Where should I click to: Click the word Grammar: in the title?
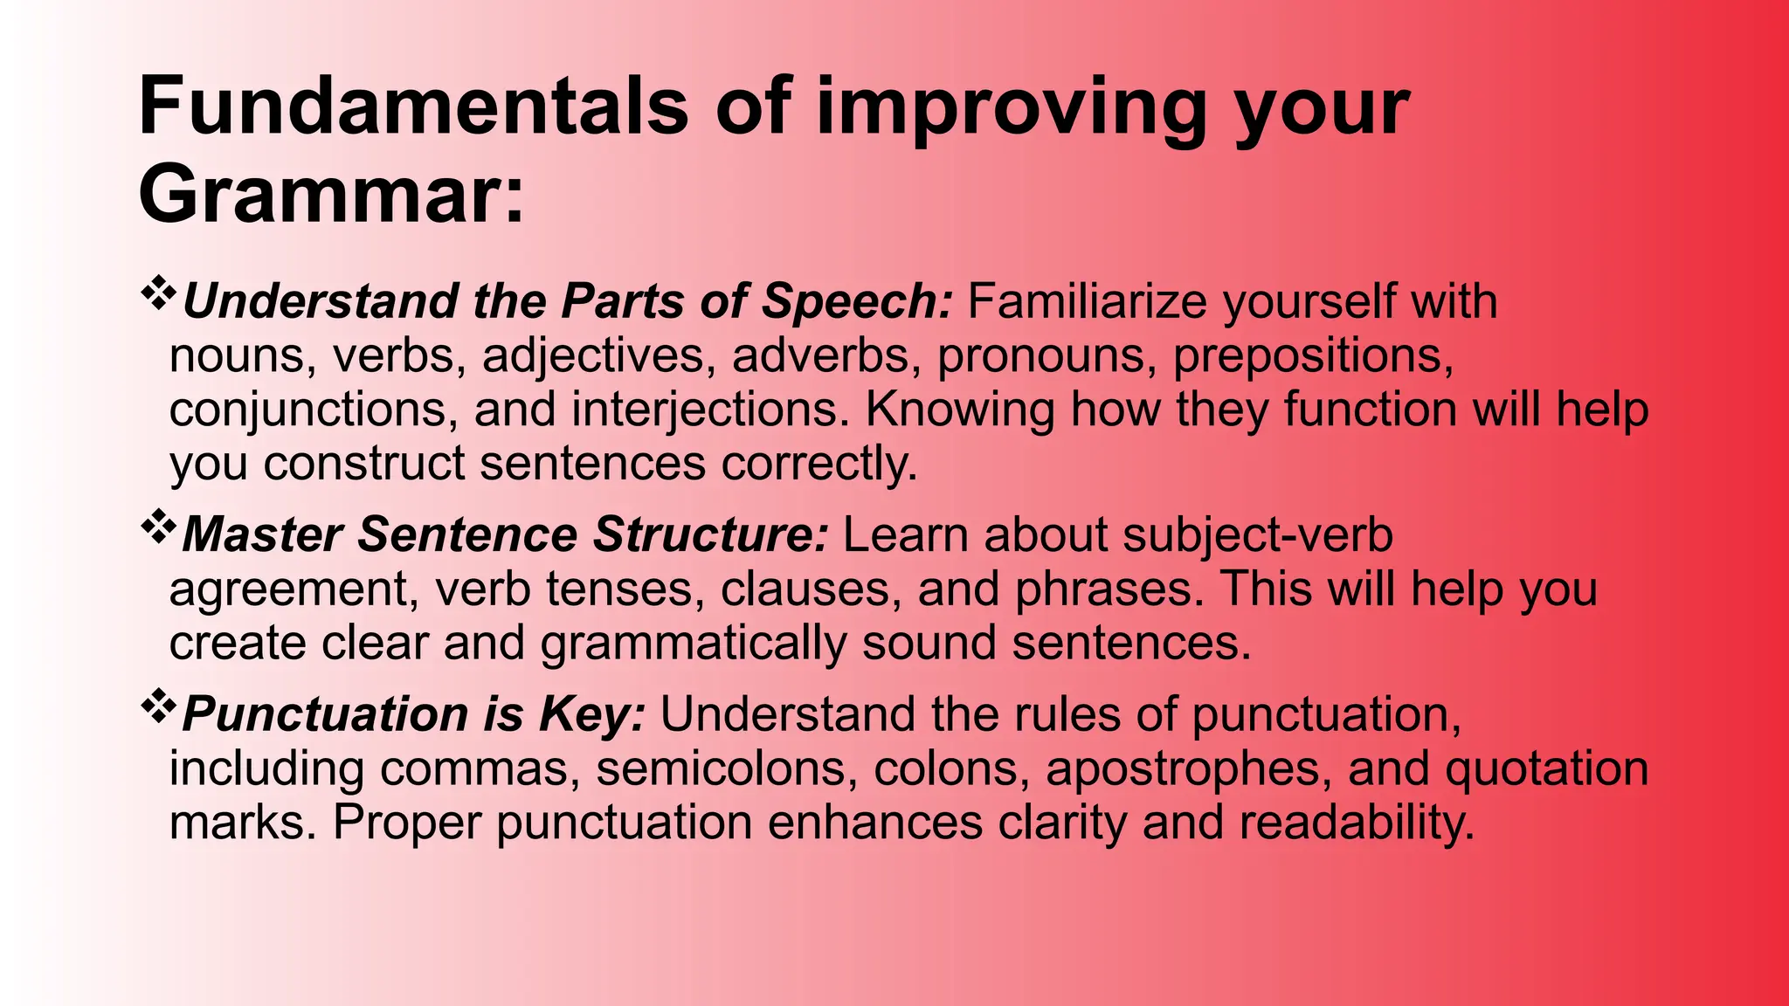point(331,196)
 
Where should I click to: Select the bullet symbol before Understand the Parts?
point(158,293)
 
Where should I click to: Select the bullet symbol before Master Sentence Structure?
point(158,527)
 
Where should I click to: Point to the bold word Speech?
point(857,302)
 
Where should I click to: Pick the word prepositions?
point(1312,356)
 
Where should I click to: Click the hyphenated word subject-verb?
point(1257,535)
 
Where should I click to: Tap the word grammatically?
point(693,644)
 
